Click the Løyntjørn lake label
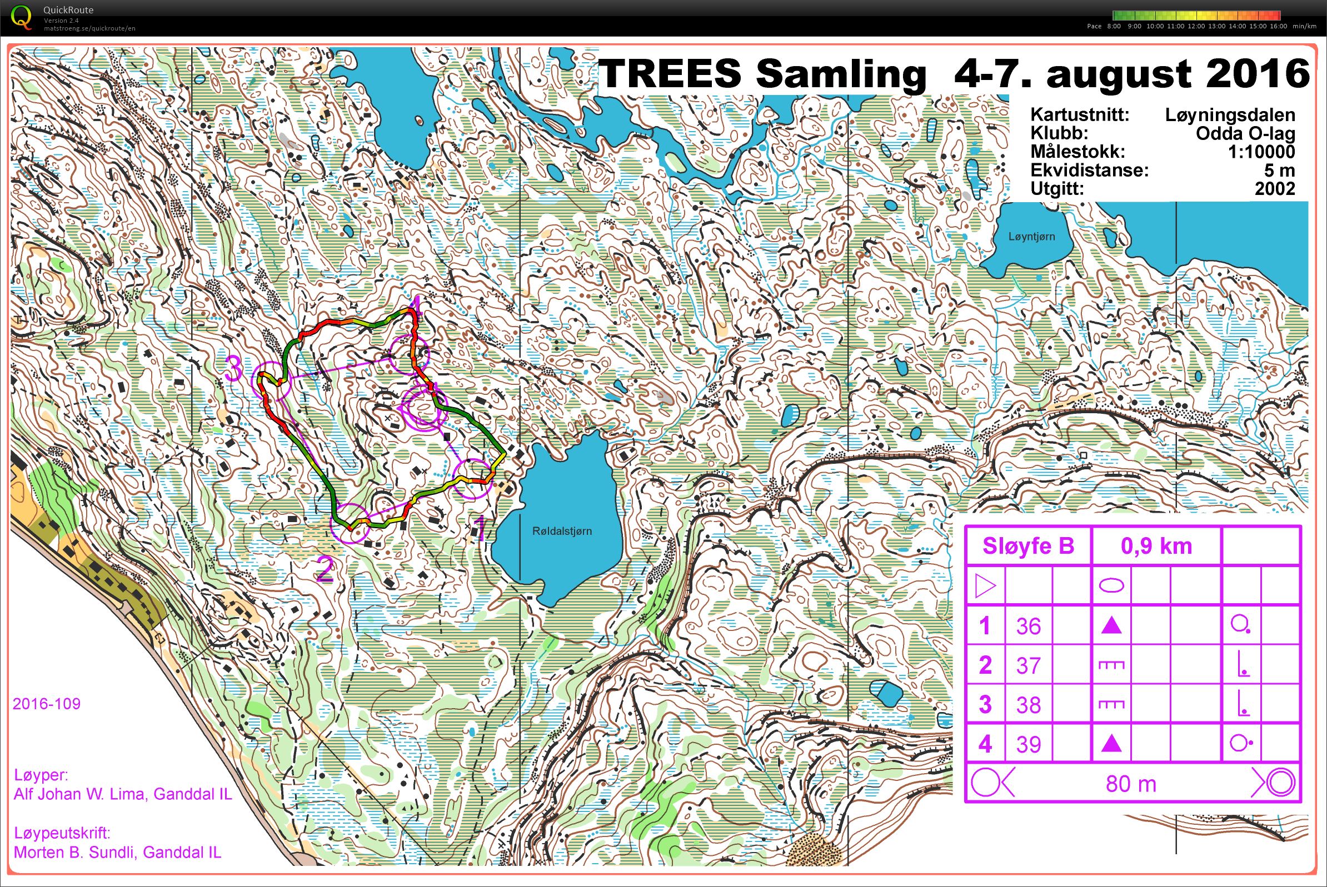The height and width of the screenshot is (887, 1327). [1031, 237]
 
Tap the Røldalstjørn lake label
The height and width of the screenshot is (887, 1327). [561, 531]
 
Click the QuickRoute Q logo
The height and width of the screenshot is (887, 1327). [22, 17]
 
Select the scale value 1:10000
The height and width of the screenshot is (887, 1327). [1261, 152]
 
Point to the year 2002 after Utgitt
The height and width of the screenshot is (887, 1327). [1274, 189]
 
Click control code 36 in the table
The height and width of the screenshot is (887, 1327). [1028, 627]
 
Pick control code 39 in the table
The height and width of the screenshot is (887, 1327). [1028, 745]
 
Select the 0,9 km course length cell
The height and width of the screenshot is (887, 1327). [1156, 547]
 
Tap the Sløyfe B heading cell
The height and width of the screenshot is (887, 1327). [1027, 547]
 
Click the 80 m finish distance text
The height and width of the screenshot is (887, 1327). [1131, 784]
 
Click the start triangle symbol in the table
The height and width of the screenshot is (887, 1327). [985, 586]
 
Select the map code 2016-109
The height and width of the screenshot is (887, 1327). [47, 704]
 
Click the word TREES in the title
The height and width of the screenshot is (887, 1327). [670, 73]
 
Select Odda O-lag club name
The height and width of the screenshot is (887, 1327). [1245, 133]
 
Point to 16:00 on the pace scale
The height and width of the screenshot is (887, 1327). [1278, 27]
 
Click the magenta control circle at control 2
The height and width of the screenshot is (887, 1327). [350, 523]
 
